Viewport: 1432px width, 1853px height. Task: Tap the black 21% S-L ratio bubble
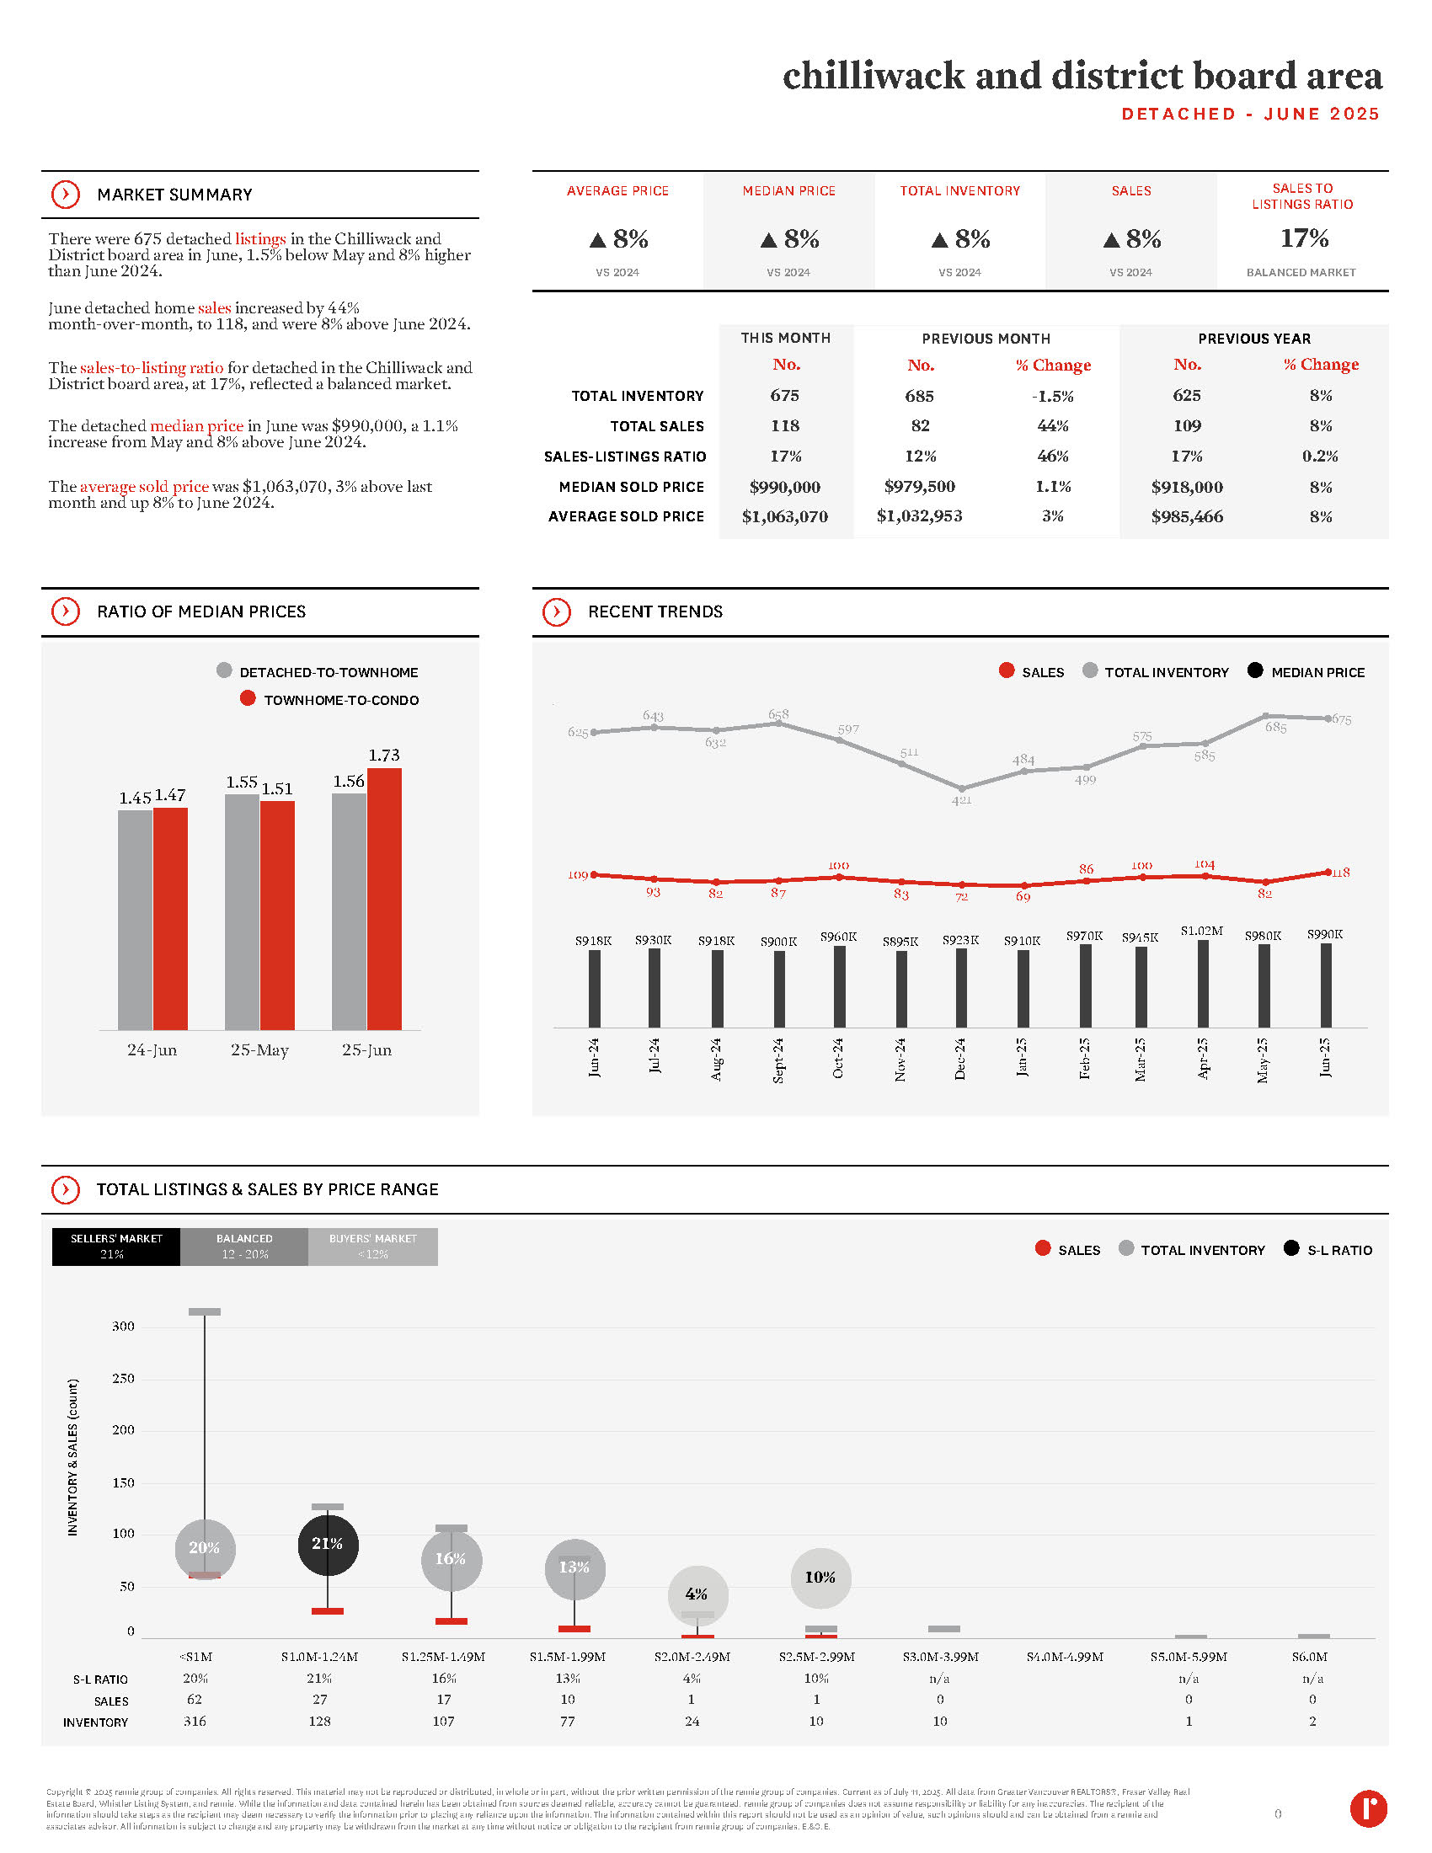[x=328, y=1543]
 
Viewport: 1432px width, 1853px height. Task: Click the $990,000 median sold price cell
[x=785, y=487]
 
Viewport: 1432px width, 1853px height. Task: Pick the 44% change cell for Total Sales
[x=1052, y=426]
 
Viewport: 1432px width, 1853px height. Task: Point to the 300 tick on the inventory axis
[x=123, y=1326]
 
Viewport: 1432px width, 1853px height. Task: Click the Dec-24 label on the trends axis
[x=960, y=1058]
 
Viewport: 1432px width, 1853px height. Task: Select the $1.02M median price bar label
[x=1201, y=931]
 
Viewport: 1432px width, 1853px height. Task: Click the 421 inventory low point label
[x=961, y=800]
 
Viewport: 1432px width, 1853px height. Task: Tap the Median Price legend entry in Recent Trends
[x=1306, y=672]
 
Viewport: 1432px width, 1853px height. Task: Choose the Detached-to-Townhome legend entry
[x=318, y=672]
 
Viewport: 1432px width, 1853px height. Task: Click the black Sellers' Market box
[x=116, y=1247]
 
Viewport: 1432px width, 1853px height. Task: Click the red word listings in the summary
[x=260, y=239]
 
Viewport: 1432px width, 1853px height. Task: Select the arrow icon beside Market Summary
[x=66, y=195]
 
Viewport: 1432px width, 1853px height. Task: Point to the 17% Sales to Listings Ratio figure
[x=1304, y=238]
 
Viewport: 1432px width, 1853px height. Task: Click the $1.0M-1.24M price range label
[x=320, y=1656]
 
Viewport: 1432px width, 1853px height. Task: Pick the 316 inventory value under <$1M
[x=195, y=1721]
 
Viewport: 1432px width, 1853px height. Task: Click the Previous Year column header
[x=1253, y=339]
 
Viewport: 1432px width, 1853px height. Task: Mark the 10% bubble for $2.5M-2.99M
[x=820, y=1578]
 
